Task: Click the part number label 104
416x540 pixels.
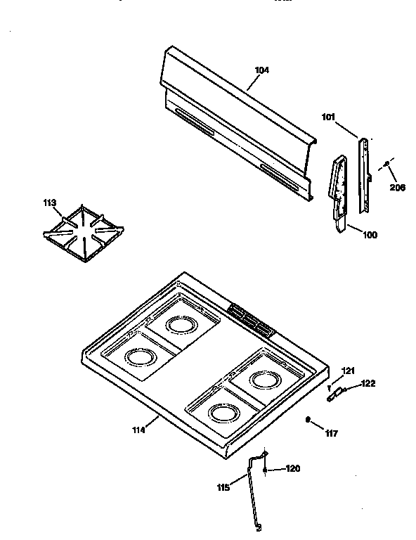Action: click(x=262, y=70)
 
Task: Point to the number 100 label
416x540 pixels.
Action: click(x=369, y=235)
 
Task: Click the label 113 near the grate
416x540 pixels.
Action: click(x=49, y=205)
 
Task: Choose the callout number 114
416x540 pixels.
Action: click(x=138, y=430)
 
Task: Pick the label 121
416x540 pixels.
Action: click(x=349, y=371)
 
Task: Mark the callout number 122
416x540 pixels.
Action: click(x=368, y=383)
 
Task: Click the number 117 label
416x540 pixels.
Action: click(x=331, y=433)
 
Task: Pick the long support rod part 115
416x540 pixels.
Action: click(x=252, y=492)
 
